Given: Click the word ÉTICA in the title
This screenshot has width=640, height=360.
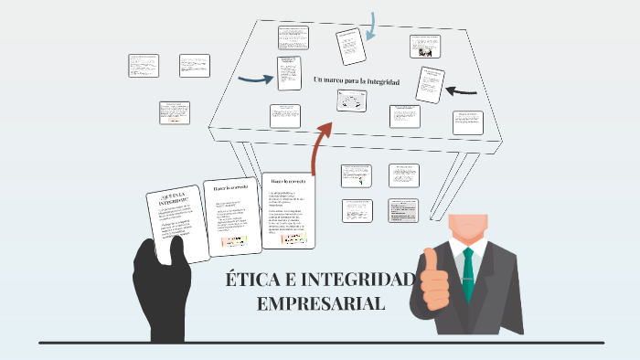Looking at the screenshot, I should click(247, 280).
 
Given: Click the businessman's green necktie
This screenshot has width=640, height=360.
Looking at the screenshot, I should click(468, 274).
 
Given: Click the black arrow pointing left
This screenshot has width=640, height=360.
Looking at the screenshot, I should click(464, 90).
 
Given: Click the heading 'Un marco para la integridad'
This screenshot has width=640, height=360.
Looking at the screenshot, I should click(357, 81).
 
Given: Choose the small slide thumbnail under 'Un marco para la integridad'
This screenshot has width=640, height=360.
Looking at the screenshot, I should click(352, 101).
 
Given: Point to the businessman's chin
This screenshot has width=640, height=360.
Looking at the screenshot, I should click(468, 236).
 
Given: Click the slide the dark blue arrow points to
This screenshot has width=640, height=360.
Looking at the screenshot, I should click(289, 74).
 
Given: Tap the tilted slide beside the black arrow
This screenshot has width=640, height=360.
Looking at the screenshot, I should click(430, 84).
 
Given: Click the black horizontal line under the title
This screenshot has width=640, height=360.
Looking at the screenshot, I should click(320, 343).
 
